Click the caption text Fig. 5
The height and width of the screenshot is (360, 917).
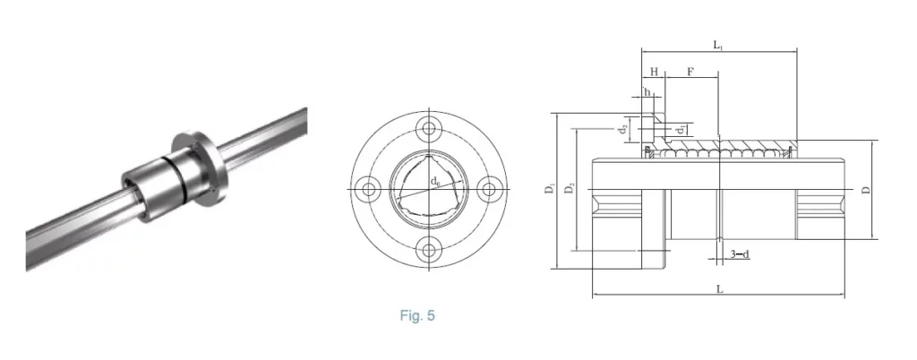tap(416, 315)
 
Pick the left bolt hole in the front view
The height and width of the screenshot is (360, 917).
tap(366, 189)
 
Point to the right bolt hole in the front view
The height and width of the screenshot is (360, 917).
tap(489, 189)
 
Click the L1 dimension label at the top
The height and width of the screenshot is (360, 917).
tap(718, 45)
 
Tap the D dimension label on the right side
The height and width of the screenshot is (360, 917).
tap(865, 190)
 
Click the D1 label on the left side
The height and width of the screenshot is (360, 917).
tap(549, 190)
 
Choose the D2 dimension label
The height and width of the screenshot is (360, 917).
tap(570, 190)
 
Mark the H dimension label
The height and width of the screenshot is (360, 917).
tap(654, 71)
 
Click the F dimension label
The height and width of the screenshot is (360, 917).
tap(690, 71)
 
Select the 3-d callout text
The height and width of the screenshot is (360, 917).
tap(739, 254)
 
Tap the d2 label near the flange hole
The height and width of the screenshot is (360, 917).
tap(622, 129)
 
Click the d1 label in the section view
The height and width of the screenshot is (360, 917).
tap(681, 131)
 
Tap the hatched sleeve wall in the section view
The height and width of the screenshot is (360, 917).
tap(752, 145)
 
